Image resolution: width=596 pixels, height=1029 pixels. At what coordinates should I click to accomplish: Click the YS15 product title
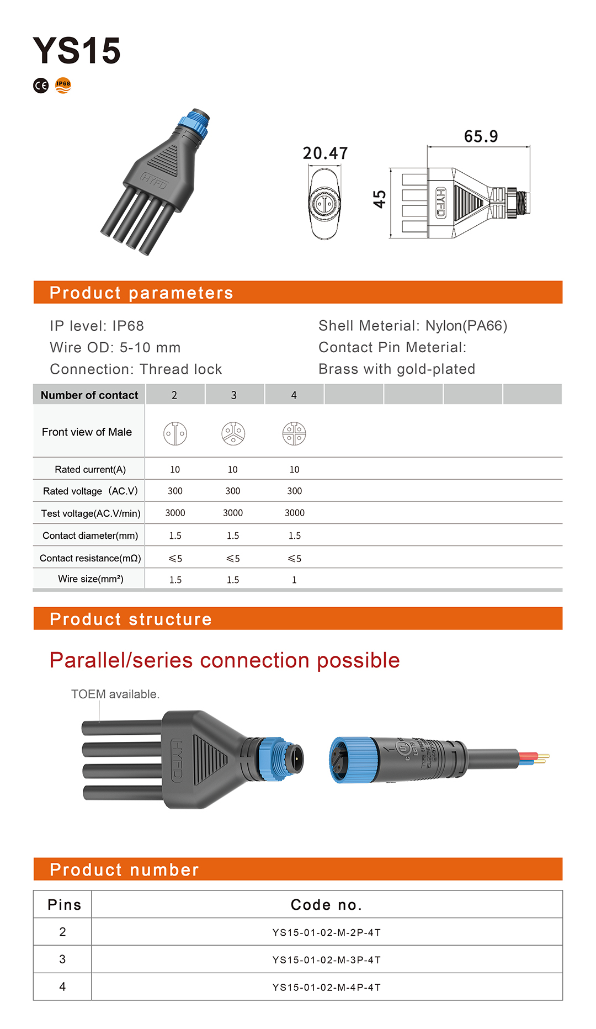coord(76,50)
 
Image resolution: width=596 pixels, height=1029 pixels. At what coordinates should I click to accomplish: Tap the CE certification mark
coord(41,86)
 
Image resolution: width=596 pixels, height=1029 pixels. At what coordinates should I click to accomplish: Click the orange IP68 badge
coord(63,85)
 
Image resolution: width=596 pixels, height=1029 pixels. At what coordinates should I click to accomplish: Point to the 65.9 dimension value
coord(481,136)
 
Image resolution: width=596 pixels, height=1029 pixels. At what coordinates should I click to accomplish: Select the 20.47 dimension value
coord(325,153)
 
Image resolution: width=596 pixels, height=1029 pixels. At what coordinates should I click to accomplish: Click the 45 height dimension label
coord(380,199)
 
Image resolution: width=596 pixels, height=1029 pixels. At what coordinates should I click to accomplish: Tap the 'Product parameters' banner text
coord(141,293)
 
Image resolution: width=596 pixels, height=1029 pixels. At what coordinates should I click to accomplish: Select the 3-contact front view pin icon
coord(233,433)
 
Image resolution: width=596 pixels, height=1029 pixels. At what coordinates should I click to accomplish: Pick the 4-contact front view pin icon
coord(294,433)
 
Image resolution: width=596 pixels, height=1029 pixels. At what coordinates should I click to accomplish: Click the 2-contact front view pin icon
coord(175,433)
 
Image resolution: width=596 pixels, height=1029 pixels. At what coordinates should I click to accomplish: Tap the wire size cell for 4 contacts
coord(294,580)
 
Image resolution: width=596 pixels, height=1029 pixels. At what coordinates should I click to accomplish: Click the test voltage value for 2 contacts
coord(175,513)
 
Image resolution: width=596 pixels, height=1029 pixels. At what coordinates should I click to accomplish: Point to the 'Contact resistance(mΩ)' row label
coord(90,558)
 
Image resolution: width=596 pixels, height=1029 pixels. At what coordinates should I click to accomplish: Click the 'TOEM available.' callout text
coord(115,694)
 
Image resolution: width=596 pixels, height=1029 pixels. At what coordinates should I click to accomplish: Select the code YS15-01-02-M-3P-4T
coord(326,960)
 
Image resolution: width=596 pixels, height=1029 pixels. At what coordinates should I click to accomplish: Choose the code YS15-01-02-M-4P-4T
coord(326,988)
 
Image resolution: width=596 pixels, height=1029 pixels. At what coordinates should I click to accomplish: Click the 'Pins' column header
coord(64,905)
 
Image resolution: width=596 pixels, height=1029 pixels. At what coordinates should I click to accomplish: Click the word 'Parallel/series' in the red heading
coord(121,660)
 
